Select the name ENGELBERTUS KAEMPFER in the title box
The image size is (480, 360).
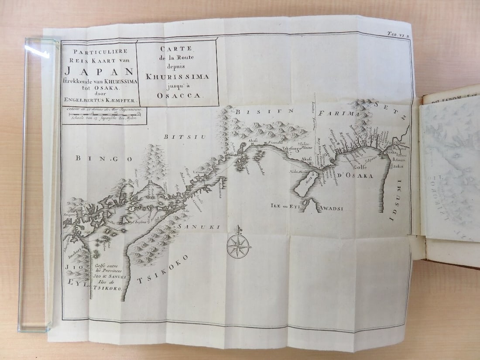[x=99, y=99]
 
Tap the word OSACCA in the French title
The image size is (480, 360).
[x=177, y=95]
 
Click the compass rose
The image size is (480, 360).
[x=238, y=246]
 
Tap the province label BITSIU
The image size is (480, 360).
[x=178, y=137]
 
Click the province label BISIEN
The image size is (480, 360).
[x=251, y=112]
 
